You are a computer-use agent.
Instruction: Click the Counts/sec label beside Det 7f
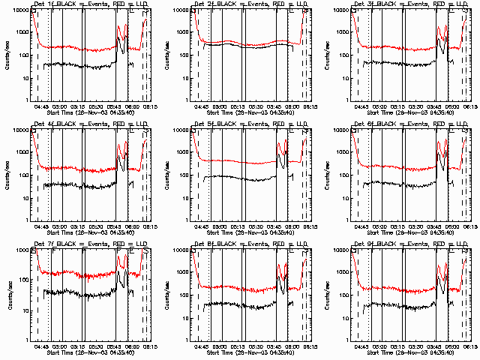(x=6, y=295)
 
